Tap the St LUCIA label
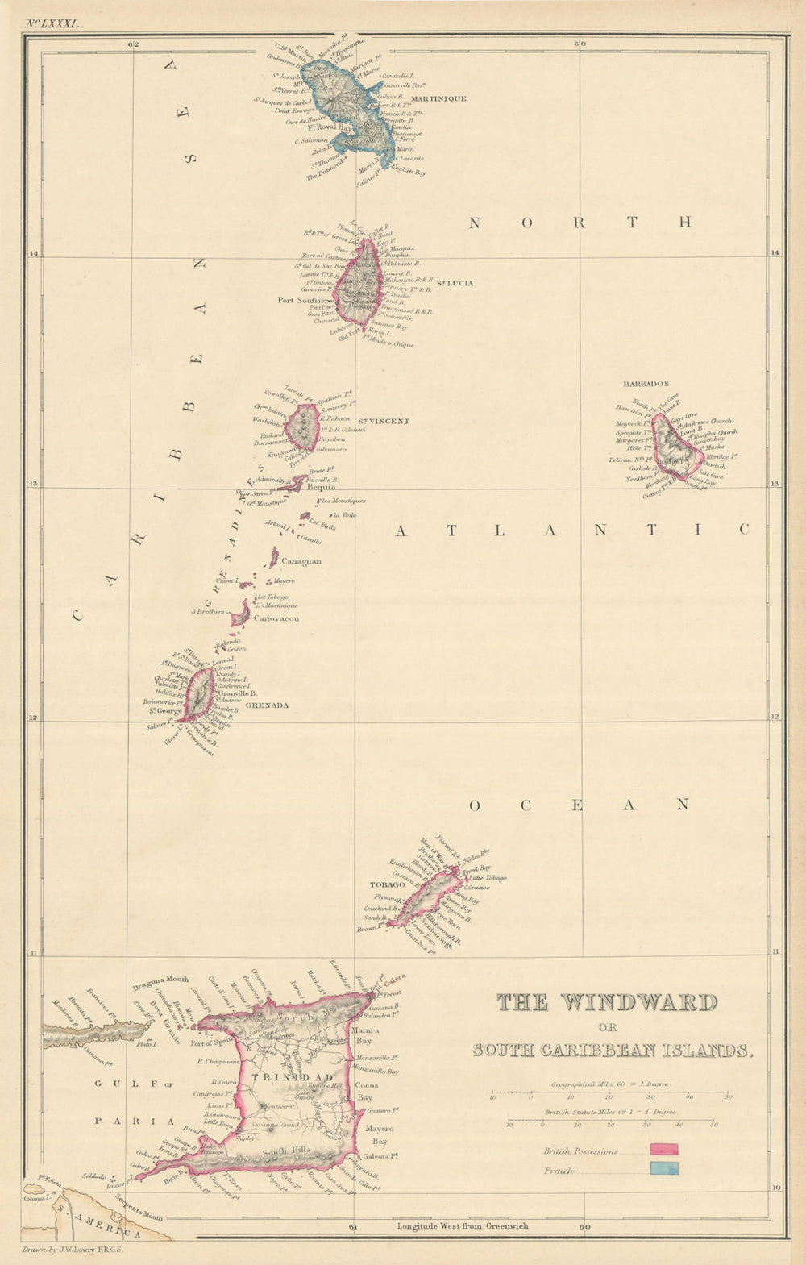(x=455, y=283)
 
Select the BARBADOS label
(x=646, y=385)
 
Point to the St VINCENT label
(x=384, y=421)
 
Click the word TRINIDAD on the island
(x=280, y=1077)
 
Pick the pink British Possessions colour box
(x=664, y=1150)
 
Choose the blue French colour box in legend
(x=664, y=1169)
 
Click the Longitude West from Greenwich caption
(x=462, y=1226)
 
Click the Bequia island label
(x=322, y=487)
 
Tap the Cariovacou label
(x=276, y=618)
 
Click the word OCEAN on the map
(x=580, y=805)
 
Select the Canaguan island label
(x=301, y=561)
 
